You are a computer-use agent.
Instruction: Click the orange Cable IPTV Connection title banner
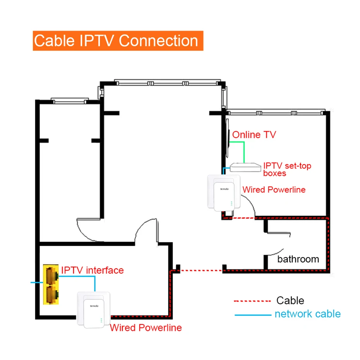click(x=116, y=41)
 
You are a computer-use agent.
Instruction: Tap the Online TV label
click(x=254, y=135)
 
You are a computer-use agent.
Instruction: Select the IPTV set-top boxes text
click(x=287, y=169)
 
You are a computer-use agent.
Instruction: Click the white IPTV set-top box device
click(x=245, y=167)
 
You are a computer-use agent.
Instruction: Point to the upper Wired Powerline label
click(x=274, y=190)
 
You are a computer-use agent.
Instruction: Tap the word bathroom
click(x=298, y=259)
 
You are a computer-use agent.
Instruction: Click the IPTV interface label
click(x=93, y=270)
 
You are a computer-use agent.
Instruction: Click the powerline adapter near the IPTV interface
click(x=93, y=309)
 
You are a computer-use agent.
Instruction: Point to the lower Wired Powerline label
click(x=146, y=328)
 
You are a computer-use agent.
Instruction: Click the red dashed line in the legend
click(x=252, y=301)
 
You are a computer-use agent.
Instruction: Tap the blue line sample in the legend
click(x=252, y=315)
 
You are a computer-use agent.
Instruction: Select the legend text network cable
click(x=307, y=314)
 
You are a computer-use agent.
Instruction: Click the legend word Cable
click(x=290, y=300)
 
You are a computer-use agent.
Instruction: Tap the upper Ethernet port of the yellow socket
click(x=51, y=275)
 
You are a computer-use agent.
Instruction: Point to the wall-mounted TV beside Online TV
click(x=228, y=139)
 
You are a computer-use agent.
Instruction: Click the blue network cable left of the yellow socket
click(x=36, y=282)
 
